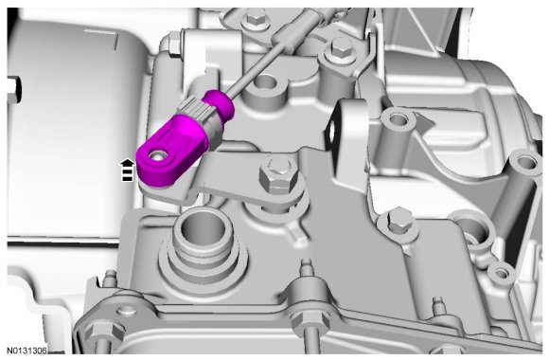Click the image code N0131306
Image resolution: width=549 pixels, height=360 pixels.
(27, 351)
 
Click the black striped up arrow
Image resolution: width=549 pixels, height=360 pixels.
(128, 171)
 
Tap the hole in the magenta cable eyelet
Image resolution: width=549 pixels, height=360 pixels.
(157, 155)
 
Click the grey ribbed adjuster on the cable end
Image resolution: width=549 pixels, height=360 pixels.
(199, 117)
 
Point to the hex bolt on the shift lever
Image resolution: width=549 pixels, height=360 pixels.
(278, 175)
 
